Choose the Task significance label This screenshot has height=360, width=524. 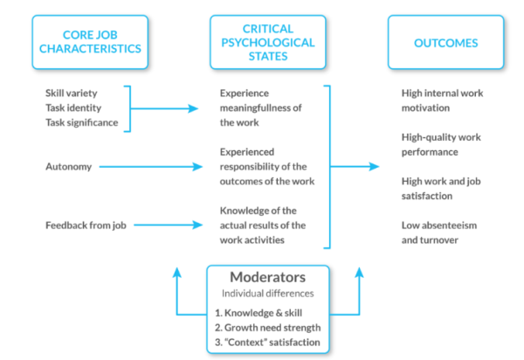coord(81,121)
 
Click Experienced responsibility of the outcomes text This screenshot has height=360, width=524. coord(266,166)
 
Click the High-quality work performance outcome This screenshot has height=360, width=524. coord(442,144)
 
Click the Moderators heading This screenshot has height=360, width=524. coord(266,278)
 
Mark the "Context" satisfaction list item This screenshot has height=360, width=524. coord(267,341)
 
